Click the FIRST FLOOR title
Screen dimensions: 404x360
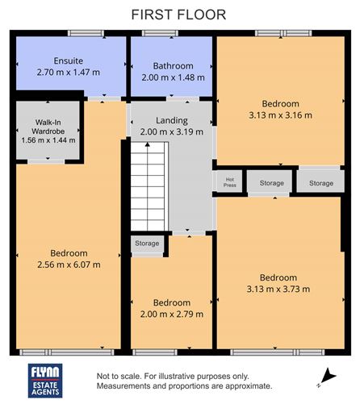179,14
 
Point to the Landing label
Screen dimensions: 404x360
171,121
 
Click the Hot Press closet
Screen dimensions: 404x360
229,182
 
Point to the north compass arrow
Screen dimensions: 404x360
327,375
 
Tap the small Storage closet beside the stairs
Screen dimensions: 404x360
147,244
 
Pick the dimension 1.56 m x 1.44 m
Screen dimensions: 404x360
48,140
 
